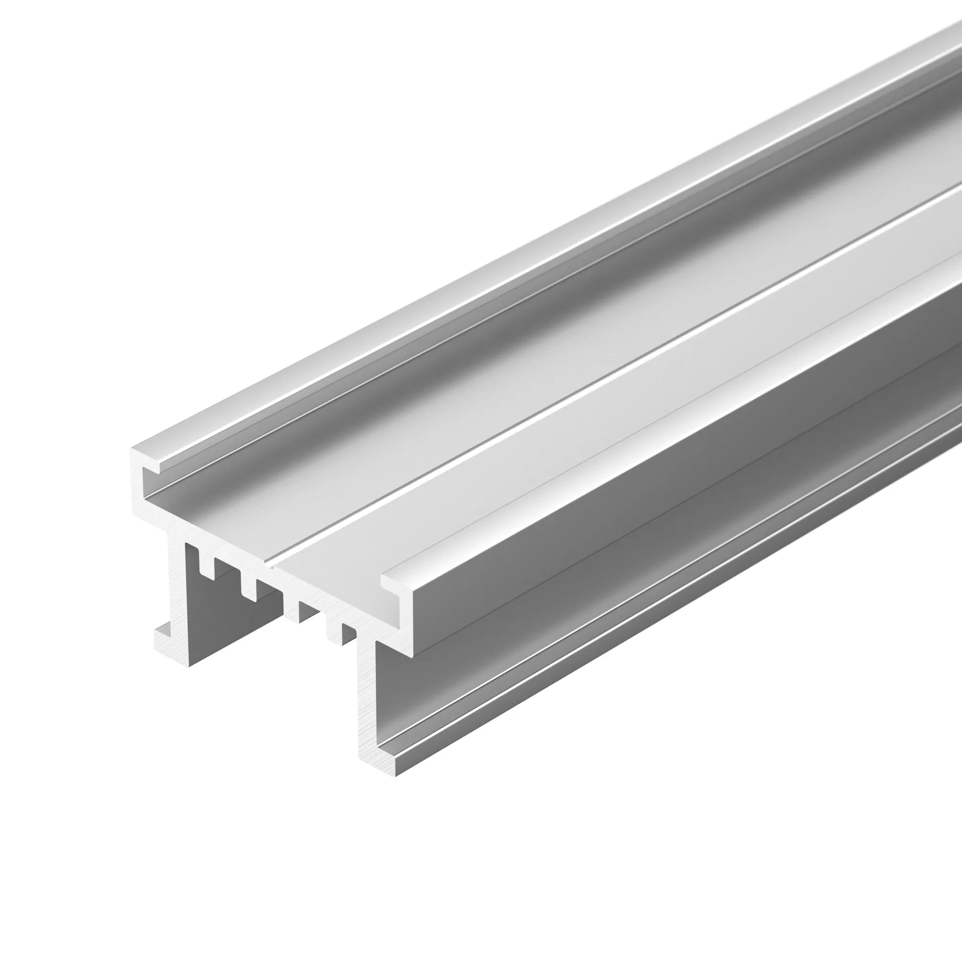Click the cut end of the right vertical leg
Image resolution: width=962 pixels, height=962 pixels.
point(367,697)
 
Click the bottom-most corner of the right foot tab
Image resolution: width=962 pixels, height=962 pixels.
point(397,776)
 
